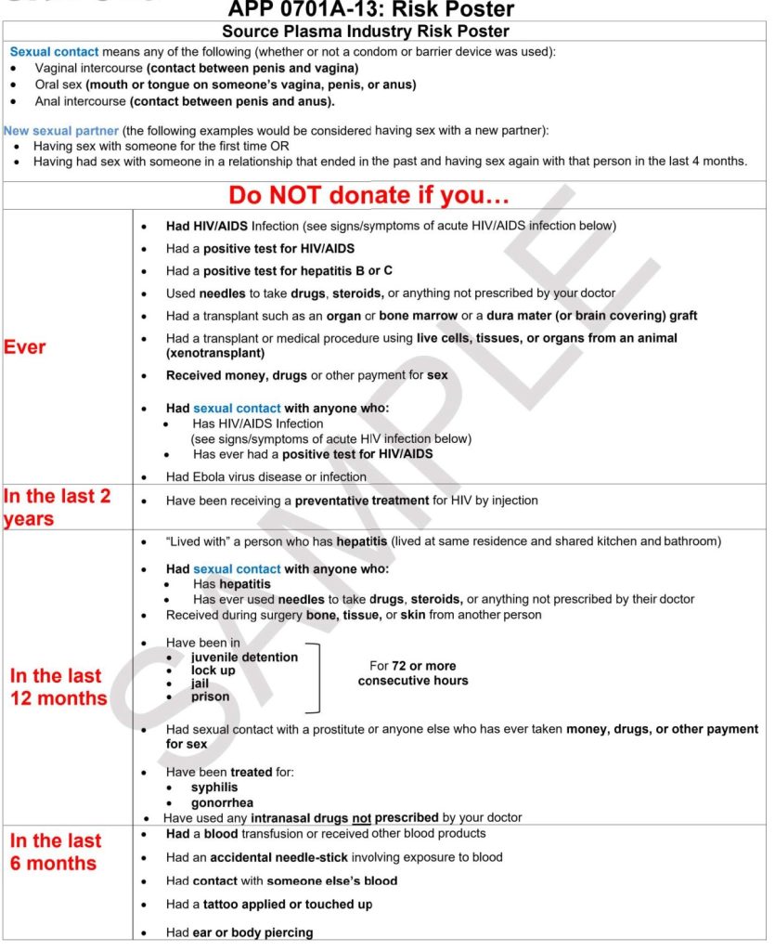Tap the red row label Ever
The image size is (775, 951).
tap(25, 347)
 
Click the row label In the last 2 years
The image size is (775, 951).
tap(58, 507)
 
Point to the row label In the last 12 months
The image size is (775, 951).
tap(58, 686)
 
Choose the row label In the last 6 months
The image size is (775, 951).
tap(54, 852)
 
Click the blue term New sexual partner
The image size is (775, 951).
tap(61, 131)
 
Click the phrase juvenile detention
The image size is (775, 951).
tap(244, 658)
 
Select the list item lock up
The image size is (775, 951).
tap(213, 671)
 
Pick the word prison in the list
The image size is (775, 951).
tap(210, 697)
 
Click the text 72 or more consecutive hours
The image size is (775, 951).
tap(413, 673)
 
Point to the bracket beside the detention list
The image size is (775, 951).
tap(316, 677)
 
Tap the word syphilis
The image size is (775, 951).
tap(214, 788)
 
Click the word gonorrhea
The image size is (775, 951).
tap(222, 802)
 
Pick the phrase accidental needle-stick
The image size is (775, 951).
tap(278, 857)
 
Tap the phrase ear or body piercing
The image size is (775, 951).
tap(252, 932)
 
